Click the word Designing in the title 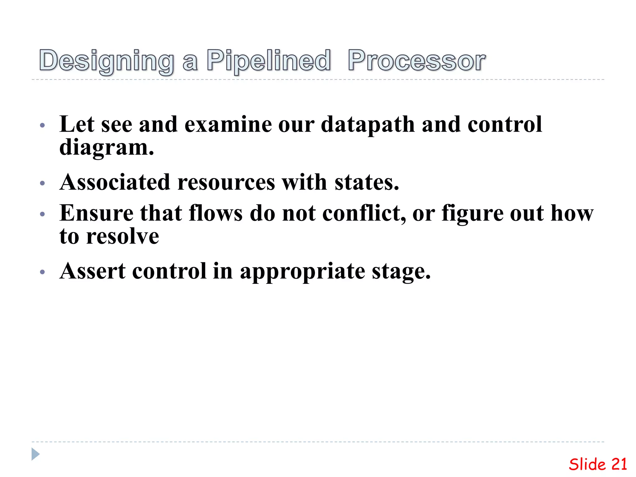tap(107, 61)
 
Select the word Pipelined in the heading tap(269, 61)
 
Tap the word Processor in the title tap(416, 61)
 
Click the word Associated tap(115, 182)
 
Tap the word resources tap(226, 182)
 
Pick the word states tap(367, 182)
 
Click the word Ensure tap(96, 213)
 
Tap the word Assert tap(93, 271)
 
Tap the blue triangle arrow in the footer tap(35, 454)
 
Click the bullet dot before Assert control tap(43, 272)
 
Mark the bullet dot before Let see tap(43, 126)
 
